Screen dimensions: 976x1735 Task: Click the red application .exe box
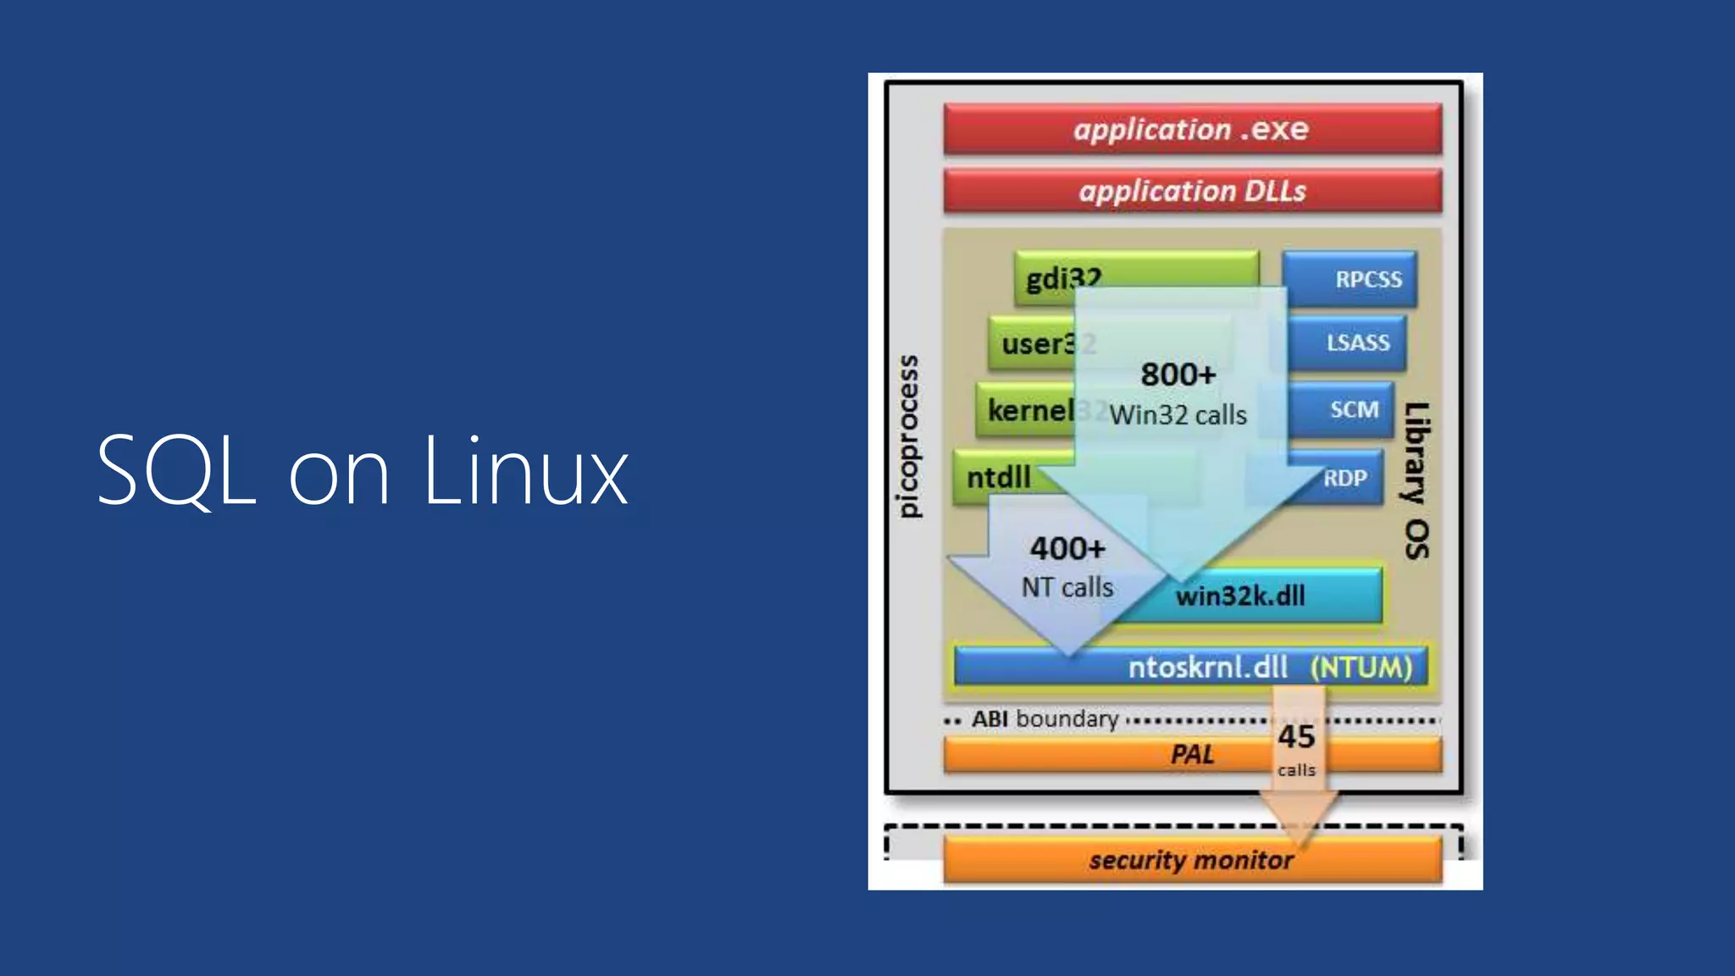click(1192, 129)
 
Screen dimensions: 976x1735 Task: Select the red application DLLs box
click(1192, 191)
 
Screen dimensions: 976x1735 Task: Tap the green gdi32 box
click(1064, 278)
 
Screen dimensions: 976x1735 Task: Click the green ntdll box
click(999, 477)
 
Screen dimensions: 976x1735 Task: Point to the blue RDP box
click(1345, 479)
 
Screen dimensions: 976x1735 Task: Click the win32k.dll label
click(1240, 596)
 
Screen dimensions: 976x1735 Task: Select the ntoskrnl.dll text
click(1207, 667)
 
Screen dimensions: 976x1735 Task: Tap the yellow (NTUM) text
click(1361, 667)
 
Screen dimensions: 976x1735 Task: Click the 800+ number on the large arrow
click(1178, 374)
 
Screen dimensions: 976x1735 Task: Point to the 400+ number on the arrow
click(1067, 548)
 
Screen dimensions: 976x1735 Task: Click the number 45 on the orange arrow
click(1296, 736)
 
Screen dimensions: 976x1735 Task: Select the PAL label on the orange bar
click(1191, 754)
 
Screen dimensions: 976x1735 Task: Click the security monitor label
click(1191, 860)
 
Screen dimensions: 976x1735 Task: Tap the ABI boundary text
click(1045, 718)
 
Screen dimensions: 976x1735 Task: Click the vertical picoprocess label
click(907, 435)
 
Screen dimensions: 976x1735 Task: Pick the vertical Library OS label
click(1416, 480)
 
